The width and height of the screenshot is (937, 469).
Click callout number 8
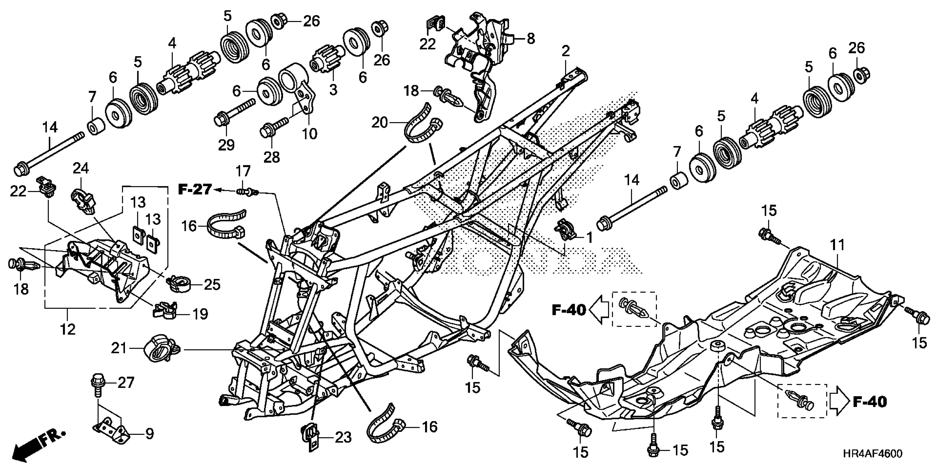click(x=531, y=38)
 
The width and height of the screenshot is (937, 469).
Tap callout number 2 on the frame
click(x=565, y=51)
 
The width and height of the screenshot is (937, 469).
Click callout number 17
click(x=243, y=171)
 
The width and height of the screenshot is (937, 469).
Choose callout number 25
click(x=212, y=284)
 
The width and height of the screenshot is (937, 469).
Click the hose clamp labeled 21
click(x=159, y=348)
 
